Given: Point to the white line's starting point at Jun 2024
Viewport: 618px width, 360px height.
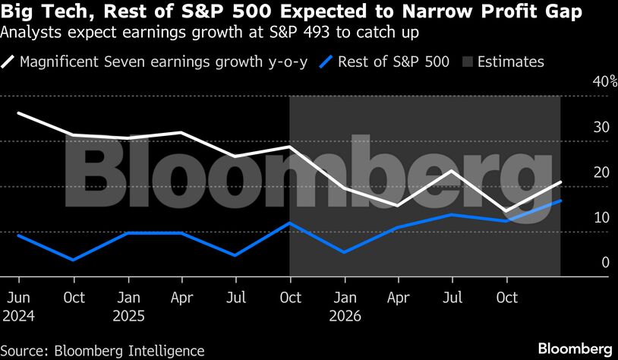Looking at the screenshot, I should (18, 113).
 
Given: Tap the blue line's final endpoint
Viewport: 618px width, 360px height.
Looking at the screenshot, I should (560, 201).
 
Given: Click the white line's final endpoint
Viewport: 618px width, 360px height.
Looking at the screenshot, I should (560, 182).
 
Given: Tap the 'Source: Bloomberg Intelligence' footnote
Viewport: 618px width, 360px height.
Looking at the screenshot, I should (103, 350).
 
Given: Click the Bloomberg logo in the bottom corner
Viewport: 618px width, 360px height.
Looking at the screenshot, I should (574, 349).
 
